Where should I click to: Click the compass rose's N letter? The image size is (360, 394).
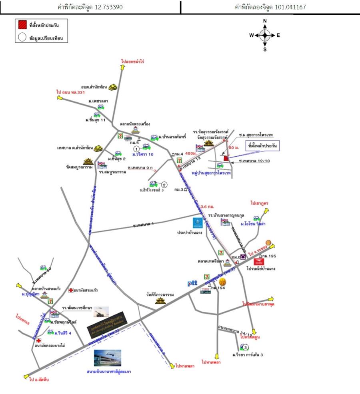pyautogui.click(x=265, y=21)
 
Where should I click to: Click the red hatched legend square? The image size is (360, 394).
pyautogui.click(x=21, y=25)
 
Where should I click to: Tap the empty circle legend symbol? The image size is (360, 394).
pyautogui.click(x=21, y=38)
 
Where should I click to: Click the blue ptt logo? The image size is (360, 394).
pyautogui.click(x=192, y=283)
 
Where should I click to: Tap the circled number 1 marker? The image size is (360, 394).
pyautogui.click(x=136, y=149)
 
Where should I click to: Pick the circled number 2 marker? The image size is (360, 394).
pyautogui.click(x=164, y=184)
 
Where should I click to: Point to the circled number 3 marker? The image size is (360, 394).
pyautogui.click(x=246, y=347)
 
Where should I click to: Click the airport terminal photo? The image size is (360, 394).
pyautogui.click(x=107, y=358)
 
